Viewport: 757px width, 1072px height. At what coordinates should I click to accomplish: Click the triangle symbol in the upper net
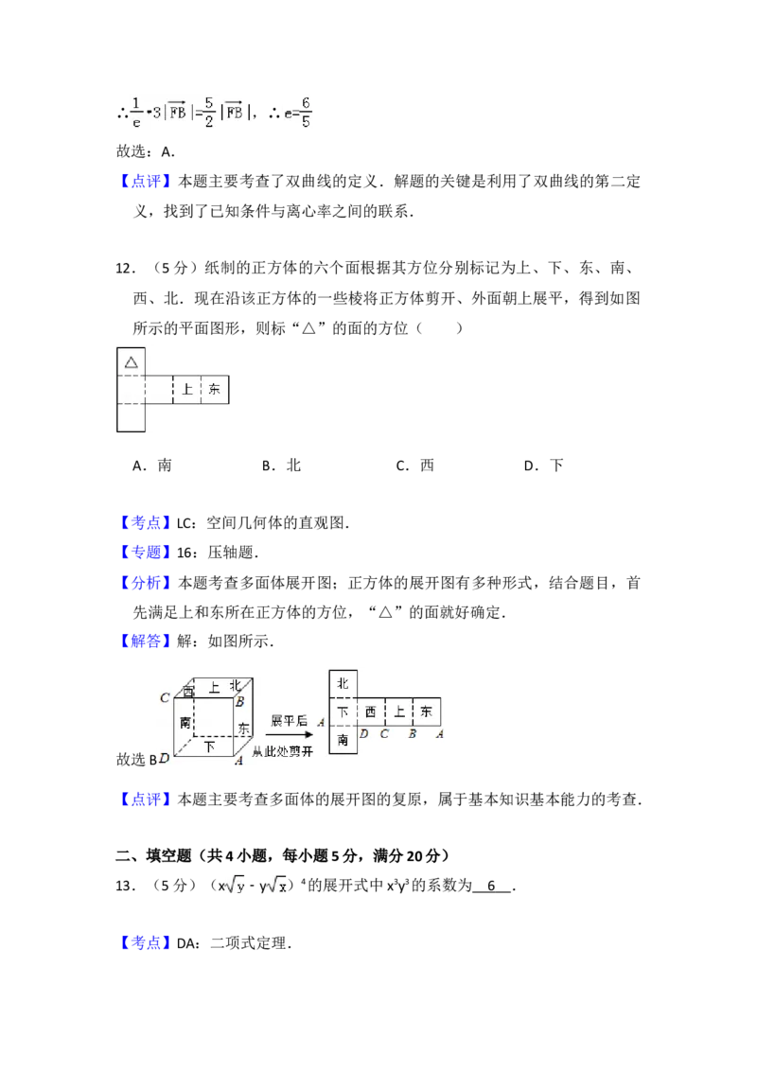[x=132, y=362]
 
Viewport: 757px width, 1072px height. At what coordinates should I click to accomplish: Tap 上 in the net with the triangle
[x=187, y=389]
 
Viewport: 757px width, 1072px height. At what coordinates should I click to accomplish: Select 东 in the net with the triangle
[x=215, y=389]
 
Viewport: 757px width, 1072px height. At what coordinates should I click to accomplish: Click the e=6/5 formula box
[x=299, y=114]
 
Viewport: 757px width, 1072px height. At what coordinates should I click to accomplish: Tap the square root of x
[x=276, y=886]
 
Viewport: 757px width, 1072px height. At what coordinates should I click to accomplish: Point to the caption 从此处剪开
[x=289, y=751]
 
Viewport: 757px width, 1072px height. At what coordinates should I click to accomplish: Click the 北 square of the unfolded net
[x=343, y=683]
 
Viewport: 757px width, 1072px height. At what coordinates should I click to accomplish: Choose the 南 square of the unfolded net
[x=343, y=740]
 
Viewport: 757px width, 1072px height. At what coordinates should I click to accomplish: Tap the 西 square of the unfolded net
[x=370, y=712]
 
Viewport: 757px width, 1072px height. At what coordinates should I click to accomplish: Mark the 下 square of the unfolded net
[x=343, y=712]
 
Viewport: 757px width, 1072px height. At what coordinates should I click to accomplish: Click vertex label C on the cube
[x=165, y=698]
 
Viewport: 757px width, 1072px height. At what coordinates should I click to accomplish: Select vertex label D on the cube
[x=165, y=759]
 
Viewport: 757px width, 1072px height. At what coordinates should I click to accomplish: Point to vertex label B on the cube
[x=240, y=702]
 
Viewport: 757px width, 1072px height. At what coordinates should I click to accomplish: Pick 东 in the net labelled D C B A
[x=427, y=712]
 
